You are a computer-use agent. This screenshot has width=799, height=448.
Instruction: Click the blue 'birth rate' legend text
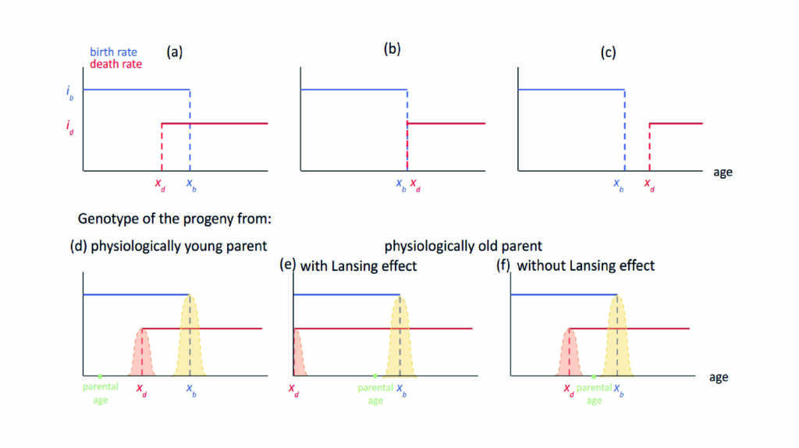113,52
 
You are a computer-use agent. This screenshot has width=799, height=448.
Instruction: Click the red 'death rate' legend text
115,64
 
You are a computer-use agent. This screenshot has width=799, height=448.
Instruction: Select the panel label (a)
174,52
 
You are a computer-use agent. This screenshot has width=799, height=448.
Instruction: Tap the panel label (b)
392,49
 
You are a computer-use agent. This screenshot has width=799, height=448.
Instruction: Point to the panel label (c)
608,52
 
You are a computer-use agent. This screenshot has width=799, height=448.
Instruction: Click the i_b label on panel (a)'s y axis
69,93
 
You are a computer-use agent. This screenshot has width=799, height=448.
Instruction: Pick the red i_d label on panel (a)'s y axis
69,127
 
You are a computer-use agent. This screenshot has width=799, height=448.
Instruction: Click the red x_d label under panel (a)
160,184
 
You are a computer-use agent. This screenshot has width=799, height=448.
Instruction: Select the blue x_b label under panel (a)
191,184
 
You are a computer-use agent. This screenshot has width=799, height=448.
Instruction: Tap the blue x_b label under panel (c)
619,184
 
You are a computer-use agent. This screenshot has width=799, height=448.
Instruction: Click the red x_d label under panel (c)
649,184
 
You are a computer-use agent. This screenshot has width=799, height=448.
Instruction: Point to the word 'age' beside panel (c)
723,172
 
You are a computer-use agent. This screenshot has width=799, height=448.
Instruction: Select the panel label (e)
288,265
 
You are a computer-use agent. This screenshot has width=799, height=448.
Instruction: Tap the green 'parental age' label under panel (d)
101,393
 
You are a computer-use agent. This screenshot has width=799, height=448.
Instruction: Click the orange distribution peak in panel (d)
142,330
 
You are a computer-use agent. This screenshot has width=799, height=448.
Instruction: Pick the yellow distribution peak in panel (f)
617,296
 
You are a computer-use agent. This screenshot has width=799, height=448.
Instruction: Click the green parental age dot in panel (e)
375,376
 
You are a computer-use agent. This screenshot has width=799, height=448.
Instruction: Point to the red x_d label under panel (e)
293,390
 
